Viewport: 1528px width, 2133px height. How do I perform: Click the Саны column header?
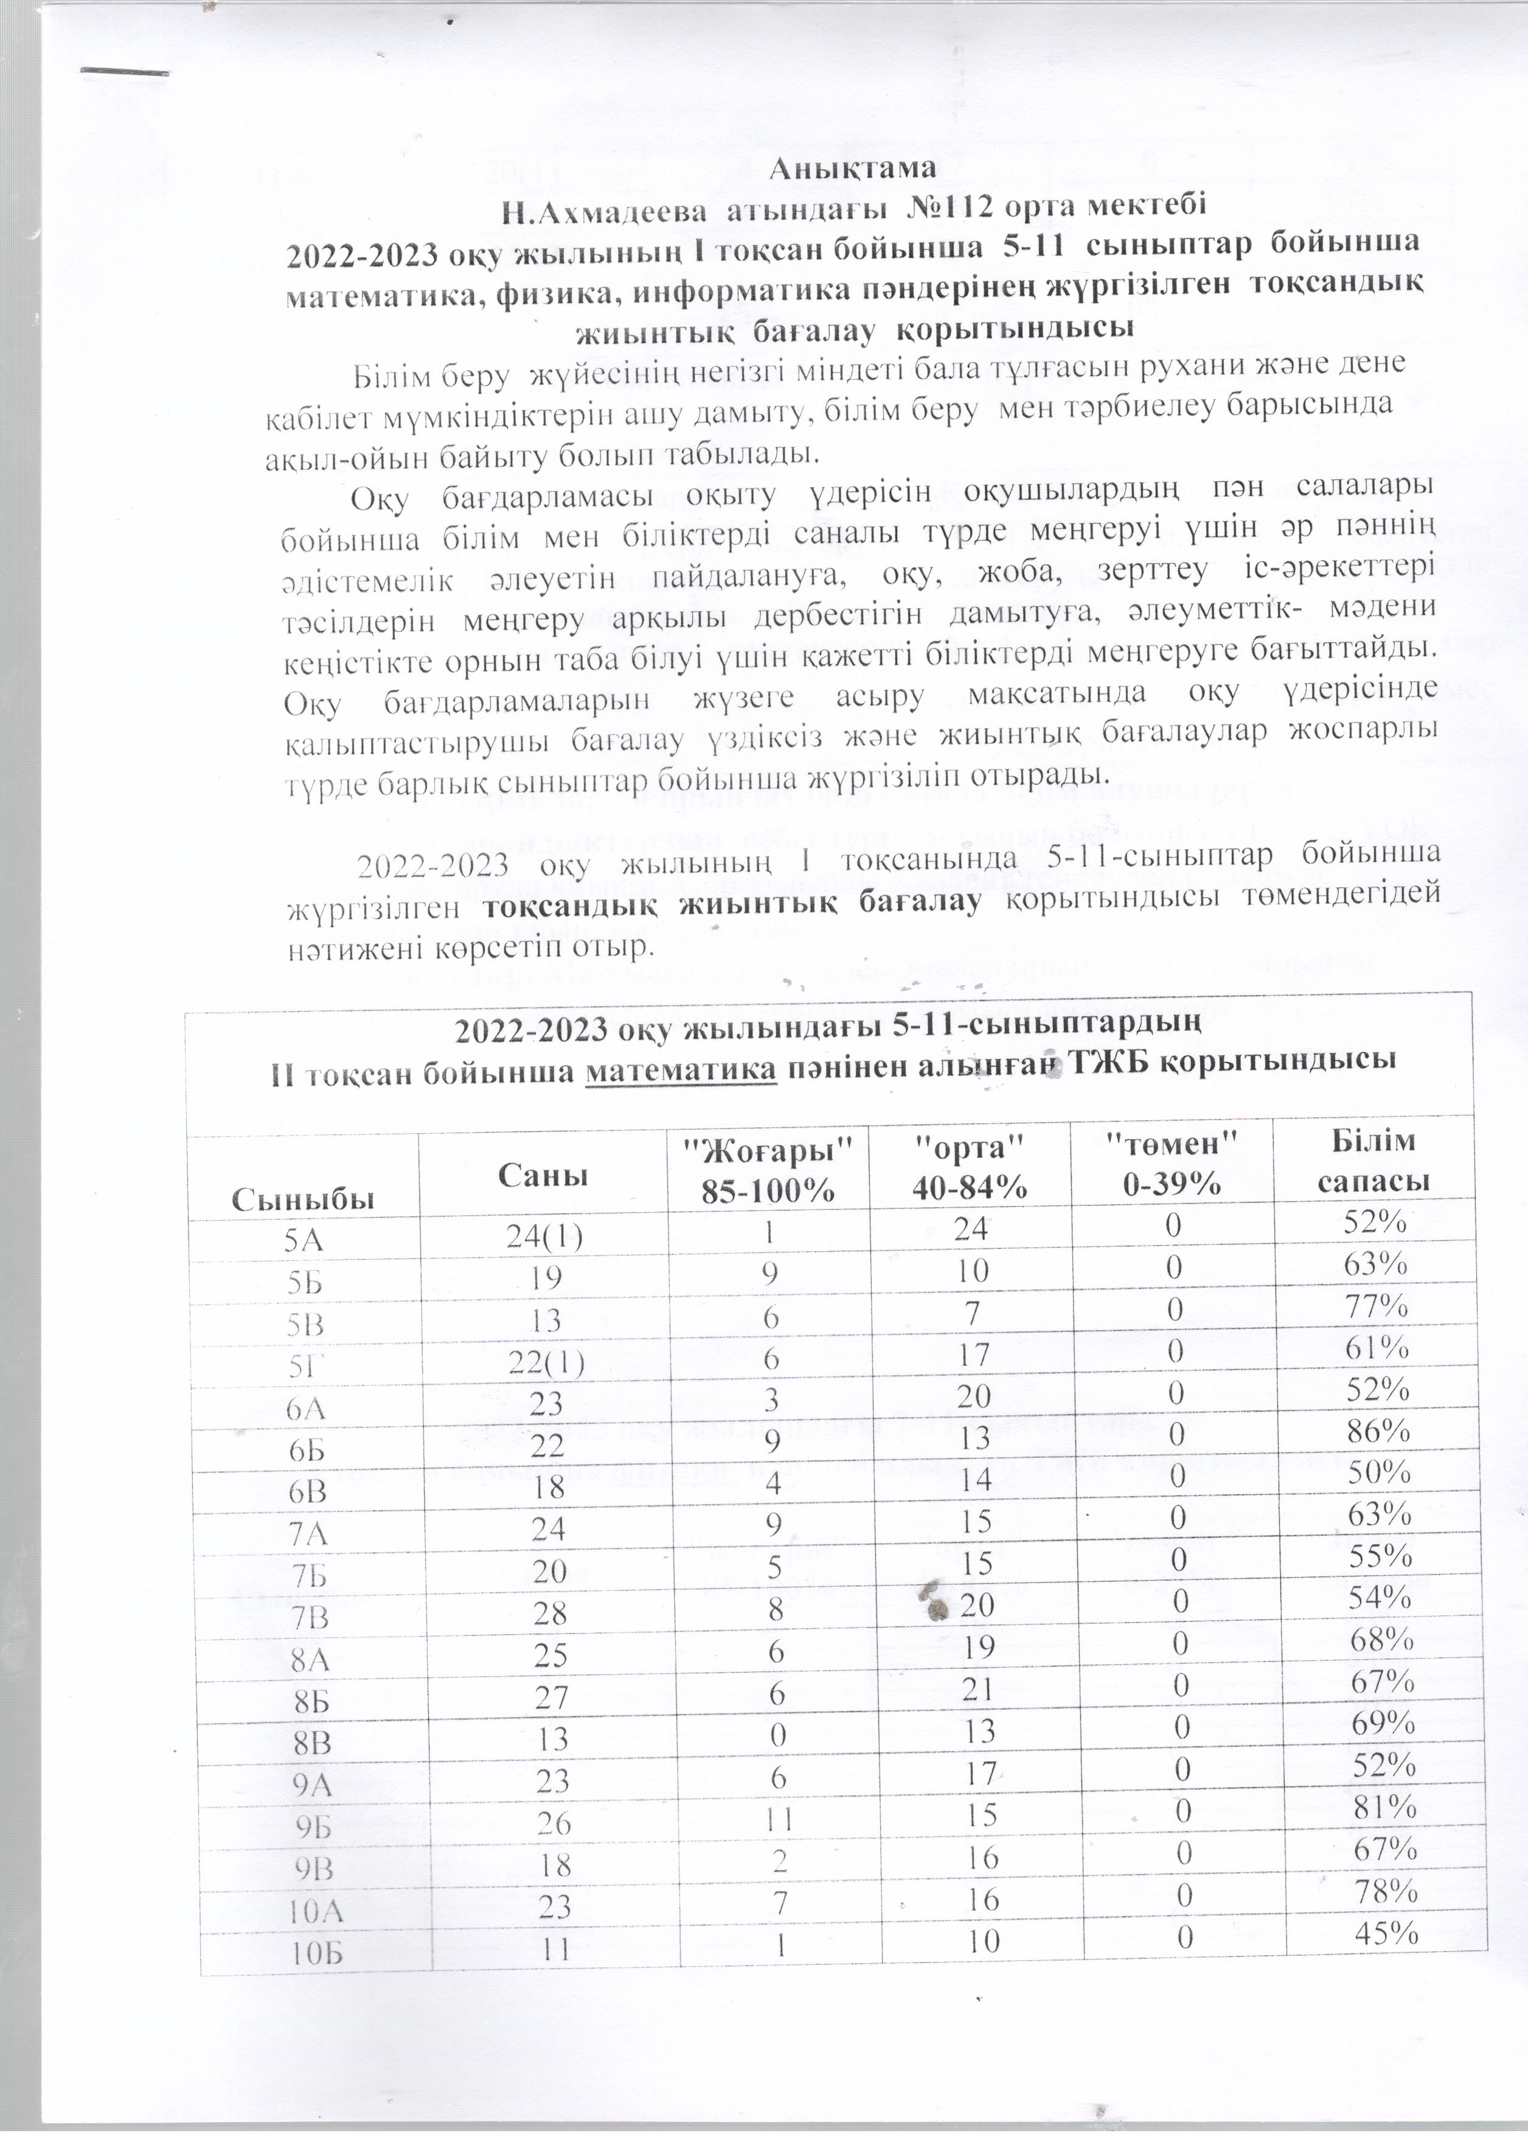(x=543, y=1176)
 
